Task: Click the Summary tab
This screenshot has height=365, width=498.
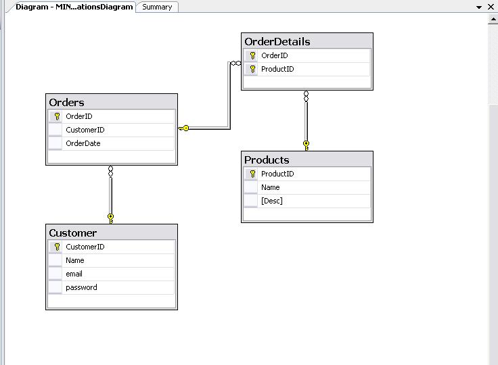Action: click(x=157, y=7)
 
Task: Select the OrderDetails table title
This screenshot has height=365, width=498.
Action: click(x=277, y=41)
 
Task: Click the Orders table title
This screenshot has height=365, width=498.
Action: click(x=67, y=102)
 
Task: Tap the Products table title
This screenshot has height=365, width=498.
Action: click(x=267, y=160)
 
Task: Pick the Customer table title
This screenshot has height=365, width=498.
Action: click(x=73, y=233)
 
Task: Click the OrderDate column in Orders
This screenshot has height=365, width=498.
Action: click(x=83, y=143)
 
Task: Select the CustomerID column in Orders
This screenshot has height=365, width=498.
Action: click(x=85, y=130)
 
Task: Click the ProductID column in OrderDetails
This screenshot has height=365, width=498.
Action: click(x=277, y=69)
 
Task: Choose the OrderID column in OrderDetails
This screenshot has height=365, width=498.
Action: click(x=274, y=55)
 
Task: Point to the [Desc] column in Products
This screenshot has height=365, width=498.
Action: click(x=271, y=201)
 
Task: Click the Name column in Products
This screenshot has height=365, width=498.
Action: click(x=270, y=187)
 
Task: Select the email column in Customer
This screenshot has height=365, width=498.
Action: click(x=74, y=274)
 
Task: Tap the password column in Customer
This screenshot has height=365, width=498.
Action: click(x=81, y=287)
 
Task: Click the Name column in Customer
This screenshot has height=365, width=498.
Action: click(x=74, y=260)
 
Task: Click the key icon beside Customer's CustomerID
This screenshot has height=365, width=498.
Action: click(x=57, y=247)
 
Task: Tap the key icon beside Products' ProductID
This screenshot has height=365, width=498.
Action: click(x=252, y=174)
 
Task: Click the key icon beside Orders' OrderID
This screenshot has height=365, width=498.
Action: click(x=57, y=116)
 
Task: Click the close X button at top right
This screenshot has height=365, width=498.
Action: click(x=491, y=7)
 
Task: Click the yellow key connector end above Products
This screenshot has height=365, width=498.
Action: click(x=307, y=144)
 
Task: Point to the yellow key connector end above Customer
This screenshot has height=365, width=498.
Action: click(x=111, y=217)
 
